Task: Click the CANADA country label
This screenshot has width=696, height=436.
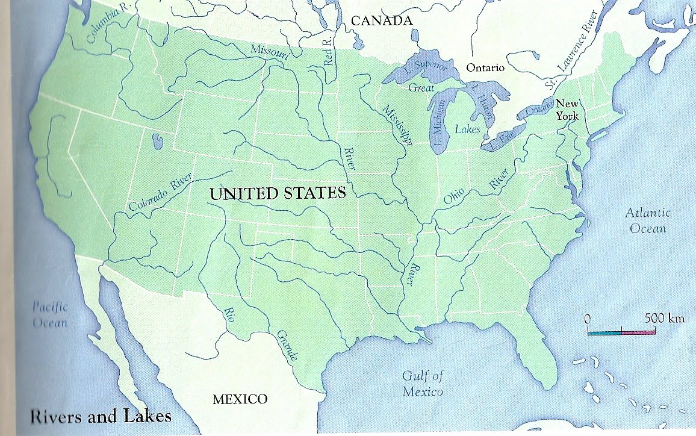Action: tap(382, 21)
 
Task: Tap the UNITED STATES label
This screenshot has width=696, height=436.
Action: tap(278, 194)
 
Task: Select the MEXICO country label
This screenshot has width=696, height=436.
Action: tap(240, 399)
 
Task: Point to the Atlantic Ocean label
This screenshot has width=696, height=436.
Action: tap(647, 220)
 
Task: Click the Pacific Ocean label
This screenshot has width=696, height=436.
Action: tap(50, 314)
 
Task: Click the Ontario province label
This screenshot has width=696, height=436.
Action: tap(486, 68)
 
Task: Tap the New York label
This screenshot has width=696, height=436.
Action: tap(567, 109)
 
